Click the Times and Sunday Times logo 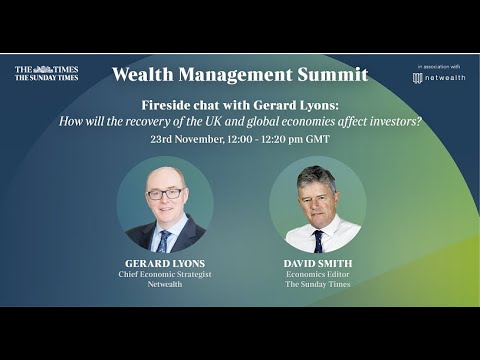pyautogui.click(x=46, y=73)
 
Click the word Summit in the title pyautogui.click(x=336, y=75)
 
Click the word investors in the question pyautogui.click(x=391, y=121)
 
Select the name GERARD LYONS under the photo pyautogui.click(x=164, y=263)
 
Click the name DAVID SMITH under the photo pyautogui.click(x=316, y=263)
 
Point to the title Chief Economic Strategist pyautogui.click(x=164, y=274)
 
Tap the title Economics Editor pyautogui.click(x=316, y=274)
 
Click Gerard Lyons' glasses pyautogui.click(x=164, y=193)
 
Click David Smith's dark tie pyautogui.click(x=317, y=240)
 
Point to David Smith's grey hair pyautogui.click(x=315, y=176)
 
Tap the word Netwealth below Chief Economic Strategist pyautogui.click(x=164, y=285)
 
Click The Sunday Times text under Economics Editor pyautogui.click(x=316, y=285)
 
